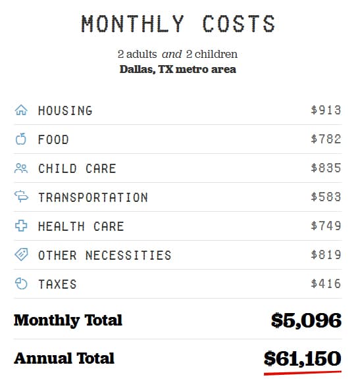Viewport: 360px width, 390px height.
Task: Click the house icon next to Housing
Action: tap(21, 110)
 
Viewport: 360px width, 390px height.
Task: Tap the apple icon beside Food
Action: tap(21, 139)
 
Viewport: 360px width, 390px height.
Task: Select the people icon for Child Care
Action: tap(21, 168)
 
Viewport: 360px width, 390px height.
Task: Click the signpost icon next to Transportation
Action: tap(21, 197)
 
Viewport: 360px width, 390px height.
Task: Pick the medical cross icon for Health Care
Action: tap(21, 226)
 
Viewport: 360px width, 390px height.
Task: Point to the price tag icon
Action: tap(21, 255)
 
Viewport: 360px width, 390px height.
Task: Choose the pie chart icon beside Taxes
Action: tap(21, 284)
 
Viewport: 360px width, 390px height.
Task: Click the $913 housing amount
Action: tap(326, 110)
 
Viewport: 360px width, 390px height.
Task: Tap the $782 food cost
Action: tap(326, 139)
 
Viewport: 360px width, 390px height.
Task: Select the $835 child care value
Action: tap(326, 168)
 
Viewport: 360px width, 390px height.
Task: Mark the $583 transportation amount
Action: tap(326, 197)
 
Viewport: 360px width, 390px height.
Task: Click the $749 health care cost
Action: tap(326, 226)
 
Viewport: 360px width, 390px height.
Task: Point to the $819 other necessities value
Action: tap(326, 255)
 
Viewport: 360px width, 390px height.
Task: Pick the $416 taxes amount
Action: tap(326, 284)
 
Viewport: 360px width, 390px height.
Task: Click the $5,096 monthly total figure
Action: tap(306, 320)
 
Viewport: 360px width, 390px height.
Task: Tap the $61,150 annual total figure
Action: tap(302, 358)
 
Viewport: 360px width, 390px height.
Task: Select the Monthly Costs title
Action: tap(178, 24)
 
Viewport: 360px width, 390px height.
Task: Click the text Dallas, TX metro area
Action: tap(178, 69)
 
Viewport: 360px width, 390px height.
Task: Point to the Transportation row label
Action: tap(93, 197)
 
